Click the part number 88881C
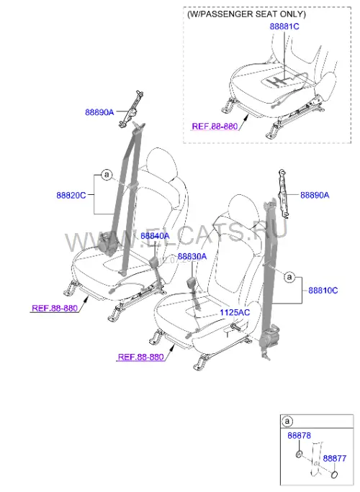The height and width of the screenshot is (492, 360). [x=284, y=27]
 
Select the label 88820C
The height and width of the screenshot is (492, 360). [x=71, y=195]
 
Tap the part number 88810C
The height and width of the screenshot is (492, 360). [x=323, y=291]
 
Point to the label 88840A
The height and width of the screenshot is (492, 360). [x=155, y=236]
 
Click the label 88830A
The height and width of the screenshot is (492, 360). [x=192, y=257]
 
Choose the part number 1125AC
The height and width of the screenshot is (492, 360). [x=235, y=312]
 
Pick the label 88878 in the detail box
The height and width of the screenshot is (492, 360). [x=299, y=435]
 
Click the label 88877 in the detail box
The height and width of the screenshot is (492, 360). [x=335, y=458]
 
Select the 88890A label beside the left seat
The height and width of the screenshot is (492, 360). [x=99, y=112]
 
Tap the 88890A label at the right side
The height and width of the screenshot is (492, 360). [x=315, y=195]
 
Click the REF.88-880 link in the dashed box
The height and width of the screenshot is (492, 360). [x=215, y=127]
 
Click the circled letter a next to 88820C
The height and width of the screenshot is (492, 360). [x=107, y=175]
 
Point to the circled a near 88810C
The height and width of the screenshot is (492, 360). [x=289, y=277]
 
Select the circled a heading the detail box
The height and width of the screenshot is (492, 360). [x=287, y=421]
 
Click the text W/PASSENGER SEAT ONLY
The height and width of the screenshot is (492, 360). [x=246, y=14]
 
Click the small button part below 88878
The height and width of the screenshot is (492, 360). [x=299, y=454]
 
